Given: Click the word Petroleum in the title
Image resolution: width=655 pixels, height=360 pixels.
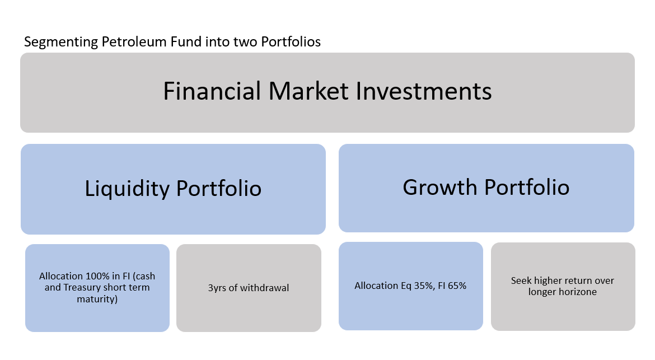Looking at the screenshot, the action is tap(134, 42).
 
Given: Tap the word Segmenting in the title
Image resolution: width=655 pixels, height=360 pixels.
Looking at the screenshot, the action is tap(61, 43).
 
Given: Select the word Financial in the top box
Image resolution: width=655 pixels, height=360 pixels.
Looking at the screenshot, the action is tap(212, 91).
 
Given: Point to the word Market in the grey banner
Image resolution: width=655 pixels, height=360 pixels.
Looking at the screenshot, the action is tap(308, 91).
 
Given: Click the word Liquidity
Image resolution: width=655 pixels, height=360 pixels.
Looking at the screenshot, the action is tap(127, 189).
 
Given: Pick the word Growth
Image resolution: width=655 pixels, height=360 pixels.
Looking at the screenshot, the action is tap(440, 187).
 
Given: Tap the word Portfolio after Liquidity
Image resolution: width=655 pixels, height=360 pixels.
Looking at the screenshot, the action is tap(219, 188).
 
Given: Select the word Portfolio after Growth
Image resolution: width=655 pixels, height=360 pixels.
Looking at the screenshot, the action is tap(527, 187).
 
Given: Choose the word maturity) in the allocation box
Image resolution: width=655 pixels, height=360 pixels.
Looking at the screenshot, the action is tap(97, 299).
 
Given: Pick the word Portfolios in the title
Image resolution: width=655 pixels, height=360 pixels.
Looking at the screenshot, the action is tap(291, 42).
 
